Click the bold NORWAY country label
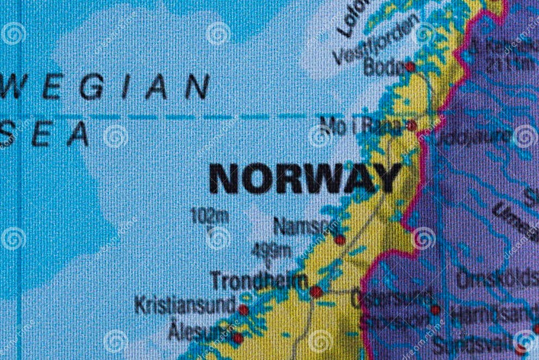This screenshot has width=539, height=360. (x=305, y=179)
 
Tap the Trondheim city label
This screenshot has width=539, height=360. (x=259, y=281)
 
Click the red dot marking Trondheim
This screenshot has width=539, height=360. (x=316, y=292)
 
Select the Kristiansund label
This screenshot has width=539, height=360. (x=185, y=305)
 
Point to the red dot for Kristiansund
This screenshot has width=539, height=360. (x=243, y=310)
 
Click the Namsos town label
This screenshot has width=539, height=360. (x=302, y=226)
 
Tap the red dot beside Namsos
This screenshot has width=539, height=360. (x=340, y=240)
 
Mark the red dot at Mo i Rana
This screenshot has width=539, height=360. (x=411, y=126)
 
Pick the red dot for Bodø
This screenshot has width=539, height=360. (x=410, y=66)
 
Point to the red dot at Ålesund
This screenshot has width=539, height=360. (x=237, y=338)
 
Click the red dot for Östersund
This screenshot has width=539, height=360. (x=435, y=310)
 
